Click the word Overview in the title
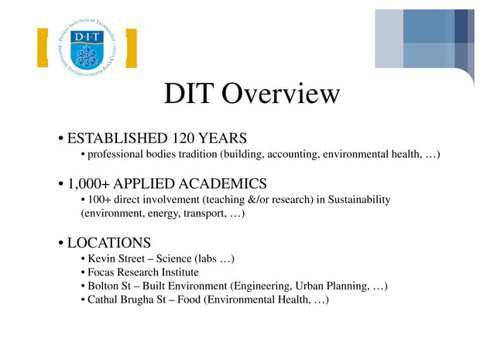(280, 94)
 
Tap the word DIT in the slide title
(190, 94)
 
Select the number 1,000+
(91, 183)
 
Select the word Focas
(102, 273)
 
